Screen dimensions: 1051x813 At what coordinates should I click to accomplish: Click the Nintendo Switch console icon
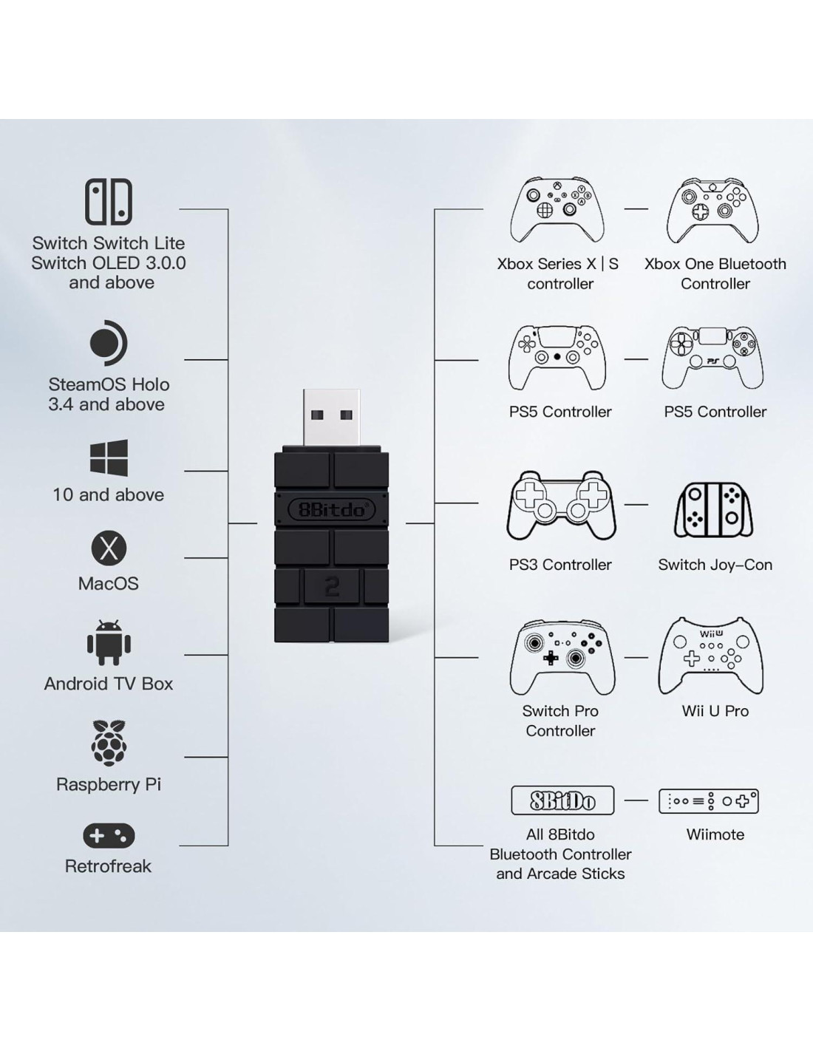[109, 201]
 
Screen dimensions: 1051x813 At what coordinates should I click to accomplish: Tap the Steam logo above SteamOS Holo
[108, 343]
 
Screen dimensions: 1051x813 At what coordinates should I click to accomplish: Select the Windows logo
[109, 458]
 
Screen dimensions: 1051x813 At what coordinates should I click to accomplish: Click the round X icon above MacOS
[109, 548]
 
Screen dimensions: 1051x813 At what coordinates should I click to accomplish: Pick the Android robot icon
[109, 643]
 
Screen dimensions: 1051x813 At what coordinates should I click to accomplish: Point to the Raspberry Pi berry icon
[109, 743]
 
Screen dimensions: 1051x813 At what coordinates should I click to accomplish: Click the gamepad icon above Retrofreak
[109, 835]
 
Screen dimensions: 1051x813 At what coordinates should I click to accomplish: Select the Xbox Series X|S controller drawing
[557, 210]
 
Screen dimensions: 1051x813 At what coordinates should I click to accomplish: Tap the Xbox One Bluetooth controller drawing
[712, 210]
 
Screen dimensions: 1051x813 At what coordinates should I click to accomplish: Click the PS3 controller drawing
[561, 506]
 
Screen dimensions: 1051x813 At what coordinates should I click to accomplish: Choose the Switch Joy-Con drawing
[714, 510]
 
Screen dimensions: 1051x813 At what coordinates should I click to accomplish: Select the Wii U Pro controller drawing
[711, 656]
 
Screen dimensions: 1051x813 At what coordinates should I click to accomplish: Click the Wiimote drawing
[709, 801]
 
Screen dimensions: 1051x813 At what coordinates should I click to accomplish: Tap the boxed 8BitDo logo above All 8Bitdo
[562, 800]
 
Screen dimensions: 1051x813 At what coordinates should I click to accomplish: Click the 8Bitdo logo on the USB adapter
[332, 509]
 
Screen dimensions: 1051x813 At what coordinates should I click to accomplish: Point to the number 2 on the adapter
[332, 587]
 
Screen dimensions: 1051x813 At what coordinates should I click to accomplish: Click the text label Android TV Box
[109, 684]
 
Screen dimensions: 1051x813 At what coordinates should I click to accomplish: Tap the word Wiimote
[715, 834]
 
